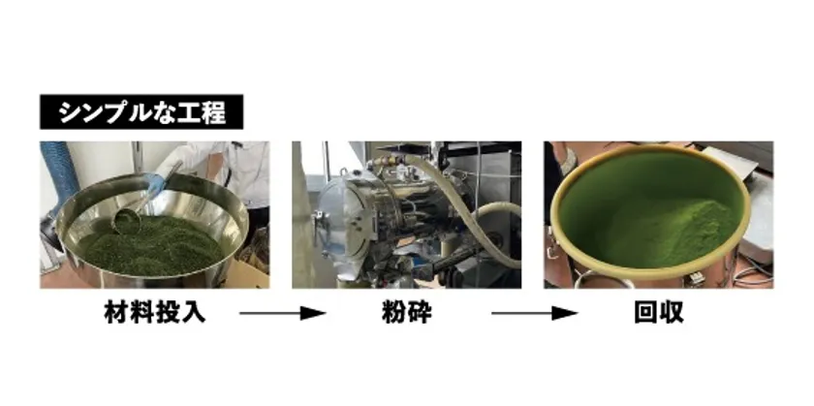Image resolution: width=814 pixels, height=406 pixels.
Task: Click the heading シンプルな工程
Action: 141,112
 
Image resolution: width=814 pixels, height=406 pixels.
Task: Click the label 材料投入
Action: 156,314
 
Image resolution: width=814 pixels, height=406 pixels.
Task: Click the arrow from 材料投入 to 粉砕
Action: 282,314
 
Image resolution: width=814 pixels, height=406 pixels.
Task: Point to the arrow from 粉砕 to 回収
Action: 533,314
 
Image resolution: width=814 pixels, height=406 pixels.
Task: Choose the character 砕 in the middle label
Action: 423,314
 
